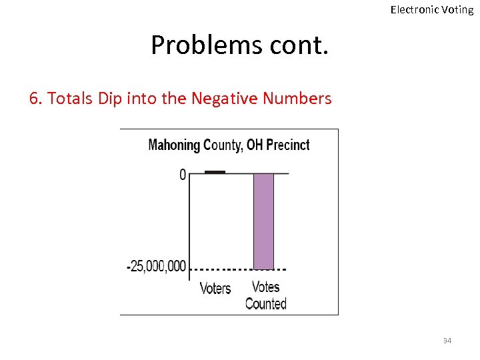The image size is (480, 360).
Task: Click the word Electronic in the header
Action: [x=414, y=9]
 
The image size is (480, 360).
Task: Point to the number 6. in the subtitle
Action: [x=36, y=99]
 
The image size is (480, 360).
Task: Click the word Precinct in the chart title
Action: [x=288, y=145]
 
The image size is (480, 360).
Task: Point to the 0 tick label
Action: [x=183, y=175]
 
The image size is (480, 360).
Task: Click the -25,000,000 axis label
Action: [x=157, y=267]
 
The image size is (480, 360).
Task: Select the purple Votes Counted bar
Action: [x=263, y=220]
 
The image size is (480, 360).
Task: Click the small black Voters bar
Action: [x=215, y=172]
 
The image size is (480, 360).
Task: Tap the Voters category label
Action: [x=215, y=289]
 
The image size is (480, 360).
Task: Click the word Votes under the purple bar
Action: [x=265, y=287]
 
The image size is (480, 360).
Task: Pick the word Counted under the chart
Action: [x=265, y=304]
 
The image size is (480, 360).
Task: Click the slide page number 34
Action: [x=447, y=341]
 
